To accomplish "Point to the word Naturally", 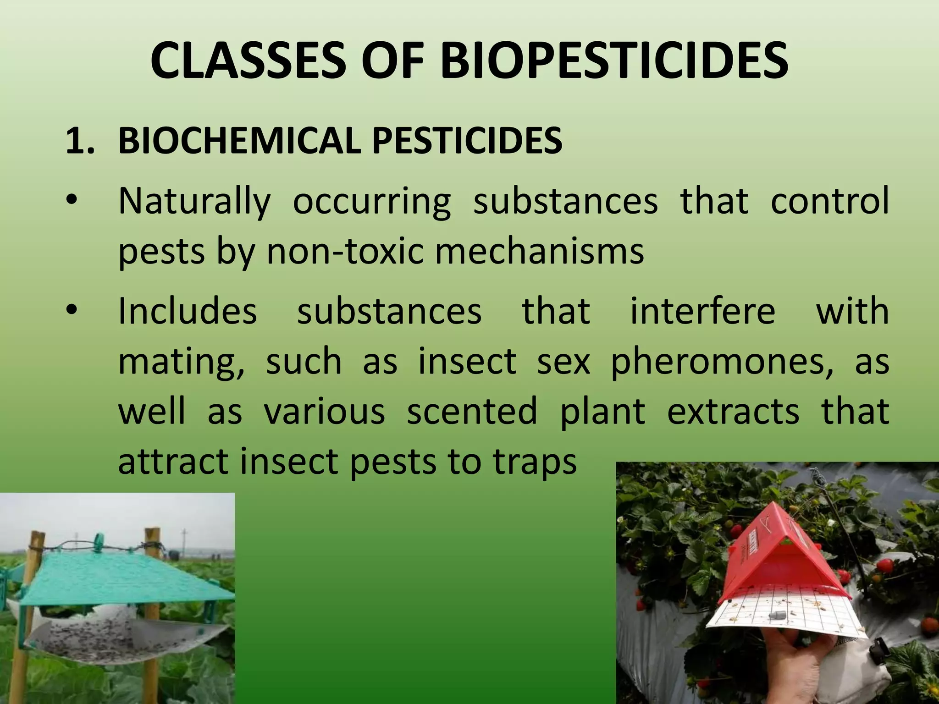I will pyautogui.click(x=194, y=202).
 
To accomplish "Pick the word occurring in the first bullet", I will pyautogui.click(x=372, y=202).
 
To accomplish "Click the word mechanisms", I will pyautogui.click(x=539, y=252).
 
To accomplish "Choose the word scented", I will pyautogui.click(x=472, y=412).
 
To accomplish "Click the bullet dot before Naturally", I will pyautogui.click(x=72, y=202).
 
